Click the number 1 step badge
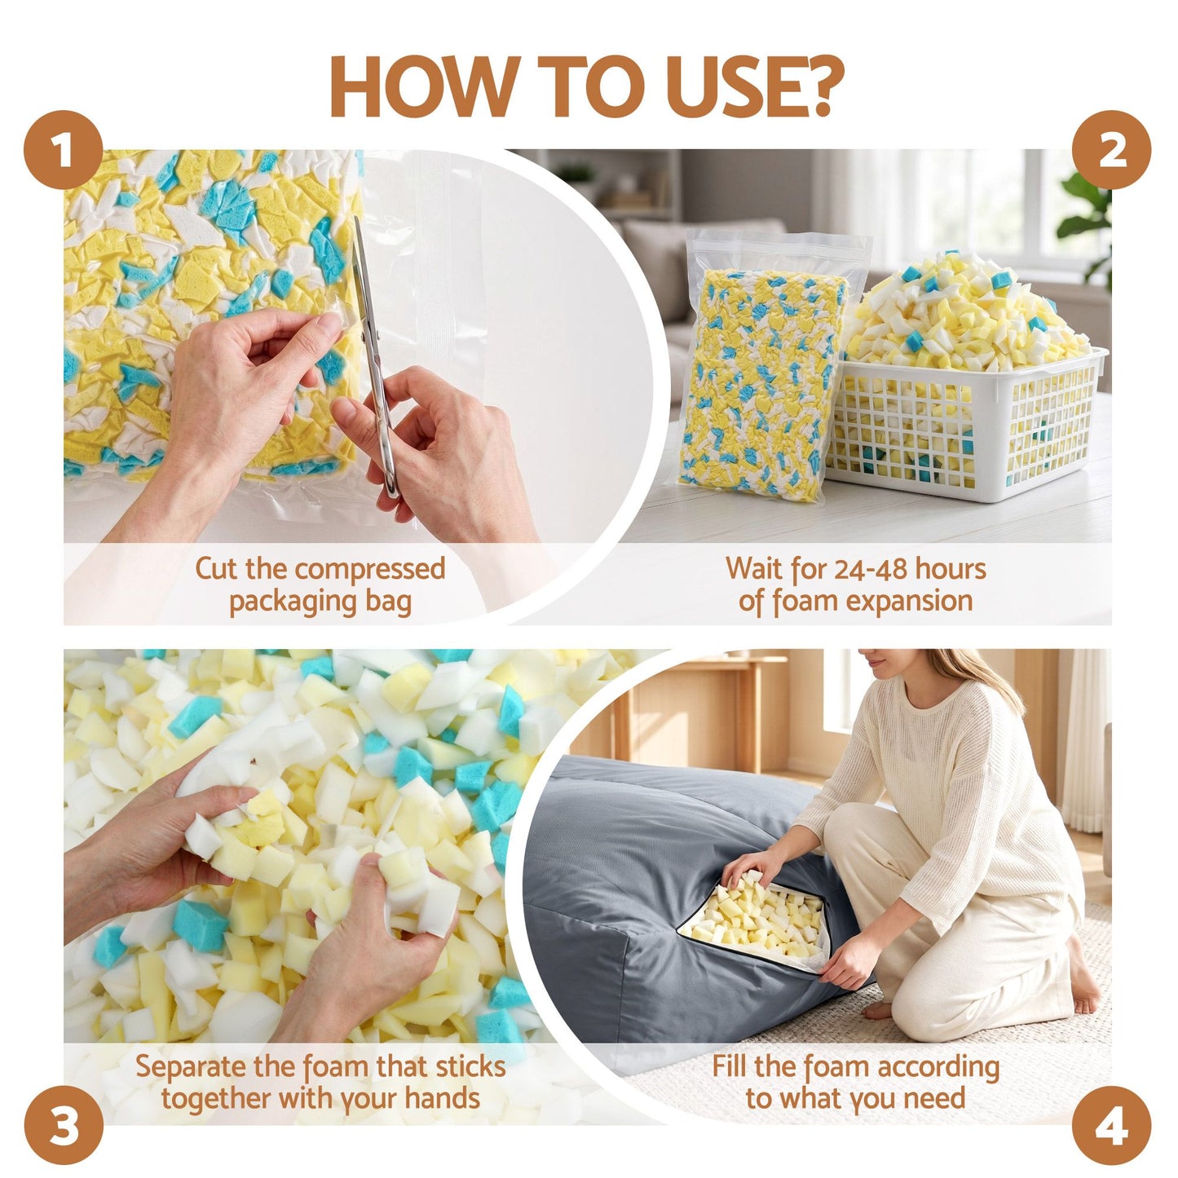pos(63,150)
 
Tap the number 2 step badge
pos(1112,150)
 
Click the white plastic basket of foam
pos(965,421)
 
